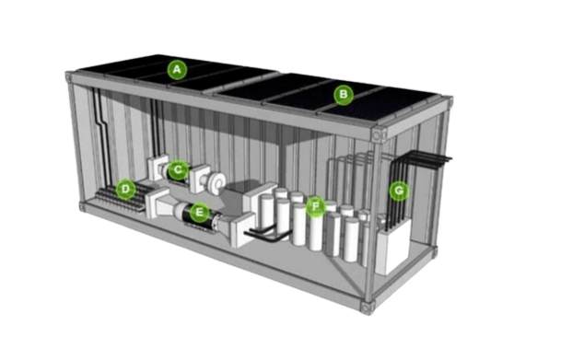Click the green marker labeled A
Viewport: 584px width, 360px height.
(177, 70)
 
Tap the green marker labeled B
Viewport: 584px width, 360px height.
(344, 95)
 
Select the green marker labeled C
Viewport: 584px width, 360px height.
(178, 169)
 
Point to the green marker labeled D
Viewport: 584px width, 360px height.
(125, 189)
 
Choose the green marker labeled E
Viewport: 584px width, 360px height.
(200, 212)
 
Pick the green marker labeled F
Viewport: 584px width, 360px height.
(316, 206)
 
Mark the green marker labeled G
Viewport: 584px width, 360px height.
(399, 191)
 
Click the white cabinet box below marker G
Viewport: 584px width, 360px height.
(394, 247)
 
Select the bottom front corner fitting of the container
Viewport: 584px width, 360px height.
(366, 308)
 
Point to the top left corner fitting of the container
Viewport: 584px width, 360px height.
(68, 77)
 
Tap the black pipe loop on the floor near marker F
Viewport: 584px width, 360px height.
(266, 234)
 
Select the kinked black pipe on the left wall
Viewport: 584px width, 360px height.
(101, 137)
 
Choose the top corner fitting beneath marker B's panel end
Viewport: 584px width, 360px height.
(378, 134)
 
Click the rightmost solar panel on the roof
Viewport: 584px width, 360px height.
(380, 105)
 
